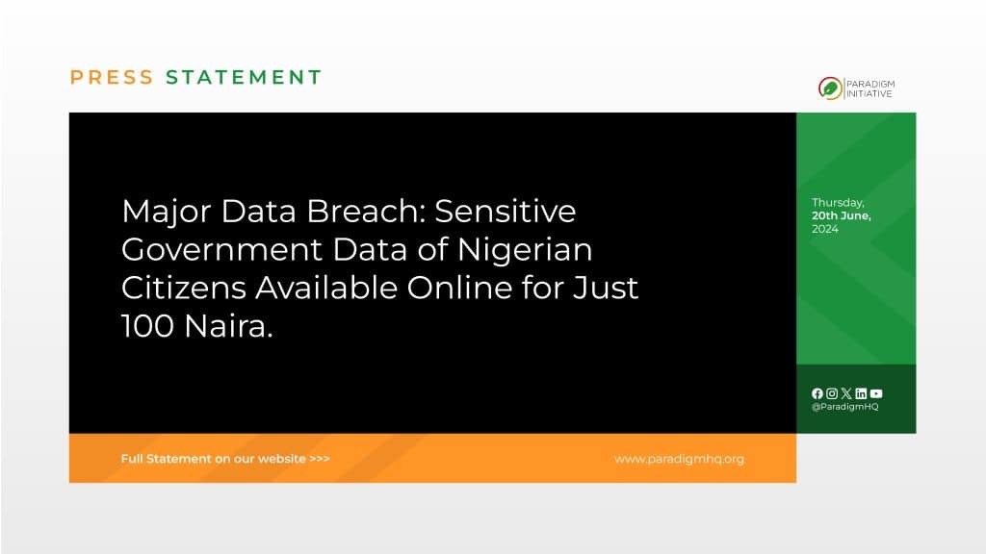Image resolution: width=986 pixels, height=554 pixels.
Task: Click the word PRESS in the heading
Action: [112, 77]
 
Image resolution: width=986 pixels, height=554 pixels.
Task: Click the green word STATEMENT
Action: [244, 77]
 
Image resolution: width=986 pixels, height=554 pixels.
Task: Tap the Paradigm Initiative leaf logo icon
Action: [830, 88]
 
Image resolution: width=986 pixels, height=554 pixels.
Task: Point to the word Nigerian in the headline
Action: [525, 250]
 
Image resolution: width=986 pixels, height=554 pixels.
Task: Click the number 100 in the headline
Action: [147, 327]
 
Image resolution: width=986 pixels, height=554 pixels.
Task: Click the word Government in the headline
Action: [222, 250]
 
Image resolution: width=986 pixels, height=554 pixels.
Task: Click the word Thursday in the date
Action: [838, 203]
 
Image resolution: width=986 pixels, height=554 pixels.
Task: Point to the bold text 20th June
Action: [841, 215]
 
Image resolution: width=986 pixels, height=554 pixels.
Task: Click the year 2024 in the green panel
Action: [825, 229]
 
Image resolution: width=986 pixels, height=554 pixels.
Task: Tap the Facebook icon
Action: [817, 393]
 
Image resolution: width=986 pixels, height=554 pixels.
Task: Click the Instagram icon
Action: [832, 393]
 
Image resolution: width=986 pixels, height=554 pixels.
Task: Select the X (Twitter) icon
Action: [846, 393]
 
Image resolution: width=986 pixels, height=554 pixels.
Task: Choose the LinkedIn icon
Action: [861, 393]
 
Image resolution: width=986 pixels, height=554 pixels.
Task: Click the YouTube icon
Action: [876, 393]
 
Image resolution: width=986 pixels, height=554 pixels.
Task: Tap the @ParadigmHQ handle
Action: [845, 407]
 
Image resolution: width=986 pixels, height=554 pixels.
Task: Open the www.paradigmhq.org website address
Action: [679, 459]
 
